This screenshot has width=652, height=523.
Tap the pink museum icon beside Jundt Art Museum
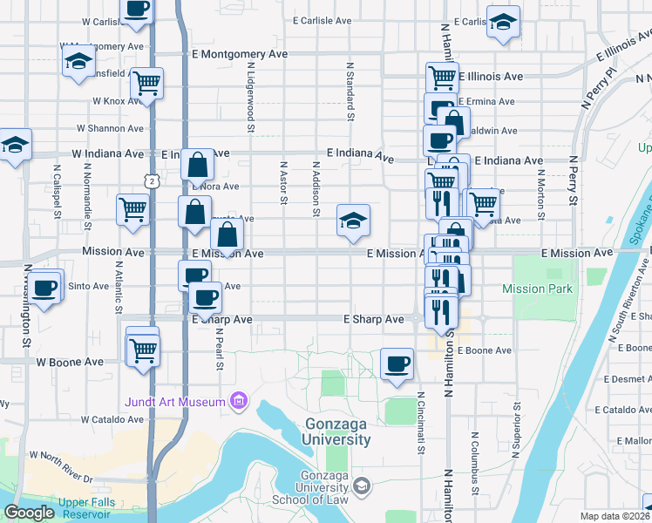[238, 401]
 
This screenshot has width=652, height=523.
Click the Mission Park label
[538, 289]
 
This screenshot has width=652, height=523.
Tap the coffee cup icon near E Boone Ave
[397, 363]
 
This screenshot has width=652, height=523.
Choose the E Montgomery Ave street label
[240, 54]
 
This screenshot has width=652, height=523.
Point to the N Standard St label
[350, 91]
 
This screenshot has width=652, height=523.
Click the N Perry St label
[573, 180]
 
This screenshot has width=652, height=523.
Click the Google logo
[30, 513]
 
